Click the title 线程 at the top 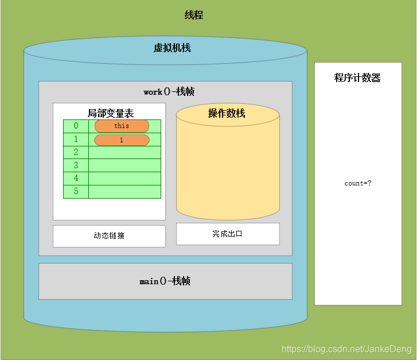(x=194, y=16)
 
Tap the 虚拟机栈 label (x=172, y=48)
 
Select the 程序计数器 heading (x=357, y=78)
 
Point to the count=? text (x=358, y=184)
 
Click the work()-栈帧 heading (x=165, y=92)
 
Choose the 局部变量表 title (x=111, y=113)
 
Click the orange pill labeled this (x=122, y=126)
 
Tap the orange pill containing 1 (x=122, y=140)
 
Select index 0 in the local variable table (x=76, y=126)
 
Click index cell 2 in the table (x=76, y=153)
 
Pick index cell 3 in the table (x=76, y=166)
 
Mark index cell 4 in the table (x=76, y=179)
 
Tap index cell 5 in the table (x=76, y=192)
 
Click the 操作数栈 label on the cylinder (x=227, y=114)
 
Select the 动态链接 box (x=109, y=236)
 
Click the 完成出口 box (x=228, y=234)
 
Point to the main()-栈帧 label (x=165, y=281)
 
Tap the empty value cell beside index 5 (x=124, y=192)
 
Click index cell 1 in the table (x=76, y=140)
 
